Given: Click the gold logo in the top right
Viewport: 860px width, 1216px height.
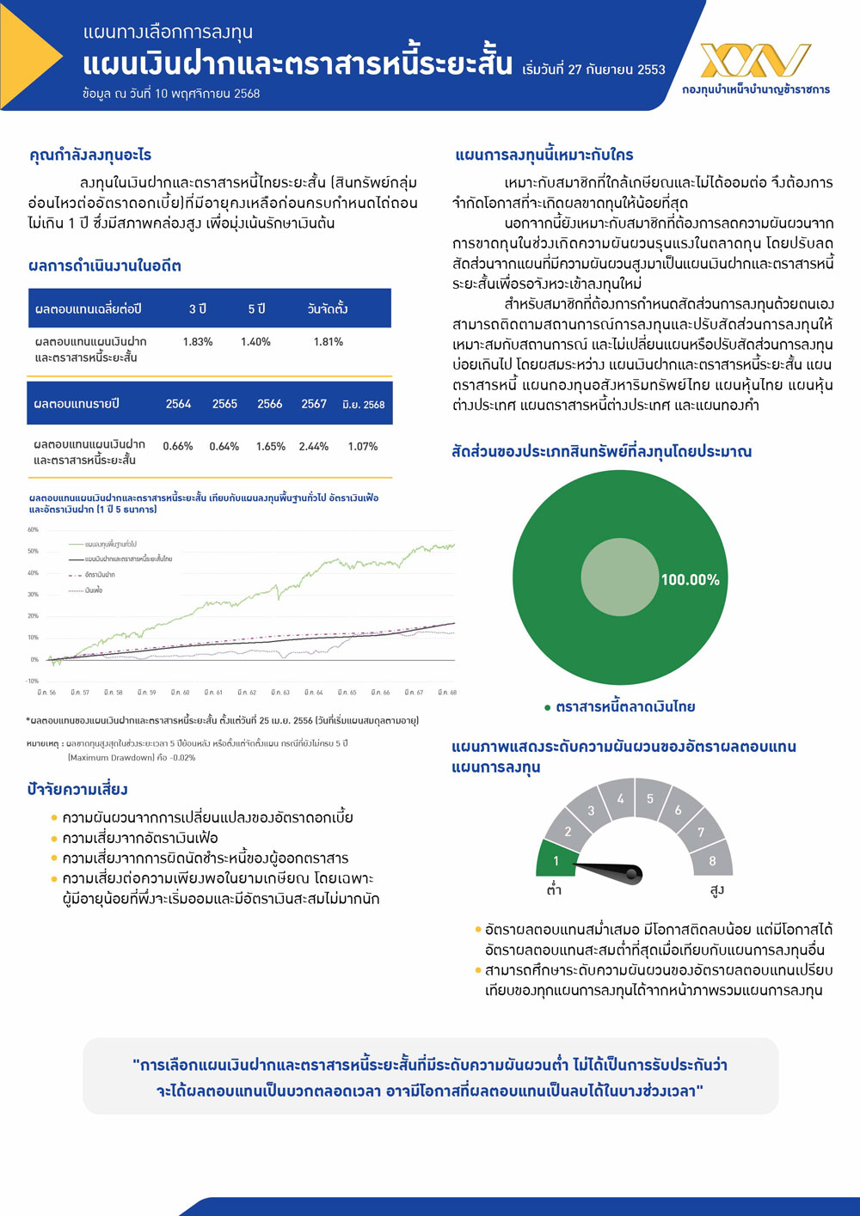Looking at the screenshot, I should pos(755,61).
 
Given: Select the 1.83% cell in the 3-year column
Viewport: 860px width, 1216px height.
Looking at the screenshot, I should pos(198,342).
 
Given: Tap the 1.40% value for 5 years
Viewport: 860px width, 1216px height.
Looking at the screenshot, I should pos(255,342).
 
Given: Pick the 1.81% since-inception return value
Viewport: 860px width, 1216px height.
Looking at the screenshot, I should pos(329,342).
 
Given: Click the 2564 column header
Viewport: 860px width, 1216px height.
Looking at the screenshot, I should pos(178,404).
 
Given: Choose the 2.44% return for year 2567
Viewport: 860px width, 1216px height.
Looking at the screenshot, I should pos(314,447).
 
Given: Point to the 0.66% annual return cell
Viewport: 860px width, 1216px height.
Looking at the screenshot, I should pos(178,447).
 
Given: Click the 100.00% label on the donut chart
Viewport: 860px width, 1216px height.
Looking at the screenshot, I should pos(690,580).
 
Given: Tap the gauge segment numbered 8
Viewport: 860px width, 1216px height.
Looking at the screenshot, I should pos(712,859).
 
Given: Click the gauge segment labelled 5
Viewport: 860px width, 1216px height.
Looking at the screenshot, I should pos(650,799).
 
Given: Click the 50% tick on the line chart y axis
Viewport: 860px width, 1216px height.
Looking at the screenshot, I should pos(34,552).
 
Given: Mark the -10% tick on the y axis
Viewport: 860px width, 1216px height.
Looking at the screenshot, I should pos(33,681).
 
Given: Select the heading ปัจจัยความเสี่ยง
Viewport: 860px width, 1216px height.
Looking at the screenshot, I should pos(77,789).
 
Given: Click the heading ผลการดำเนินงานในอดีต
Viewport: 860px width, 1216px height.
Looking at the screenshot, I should pos(105,266).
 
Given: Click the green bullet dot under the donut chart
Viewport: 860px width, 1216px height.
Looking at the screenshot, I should pos(547,707).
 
